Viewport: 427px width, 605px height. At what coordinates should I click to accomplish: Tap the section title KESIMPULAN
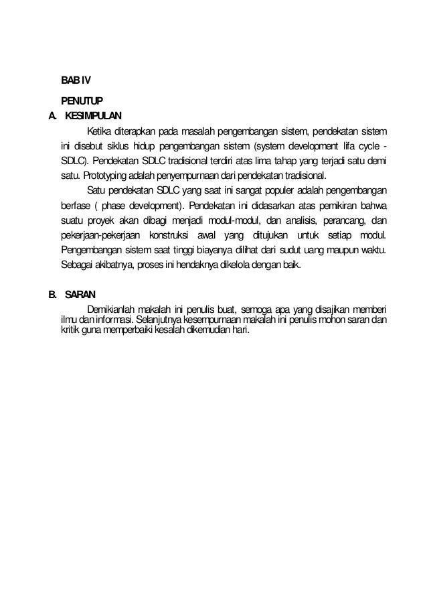[95, 115]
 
